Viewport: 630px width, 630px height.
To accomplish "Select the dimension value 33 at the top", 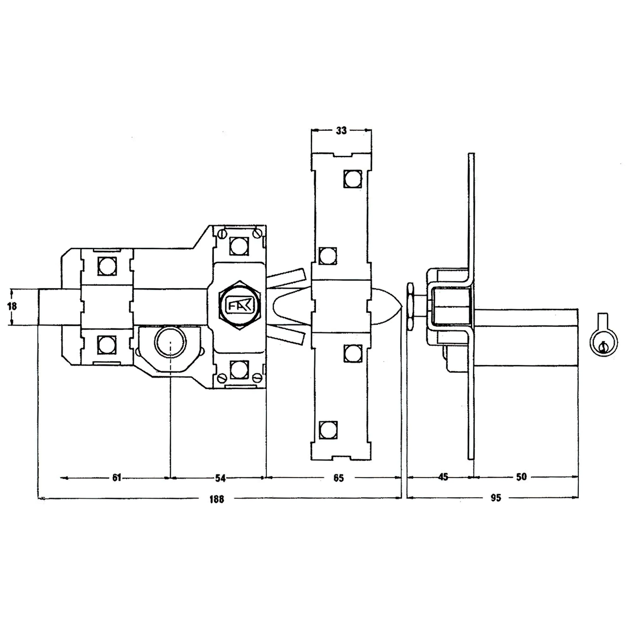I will pyautogui.click(x=341, y=131).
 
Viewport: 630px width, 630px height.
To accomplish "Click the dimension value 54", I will pyautogui.click(x=220, y=478).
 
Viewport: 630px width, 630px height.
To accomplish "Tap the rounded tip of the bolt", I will pyautogui.click(x=390, y=306).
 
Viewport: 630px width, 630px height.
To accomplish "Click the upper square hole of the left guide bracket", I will pyautogui.click(x=107, y=266).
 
